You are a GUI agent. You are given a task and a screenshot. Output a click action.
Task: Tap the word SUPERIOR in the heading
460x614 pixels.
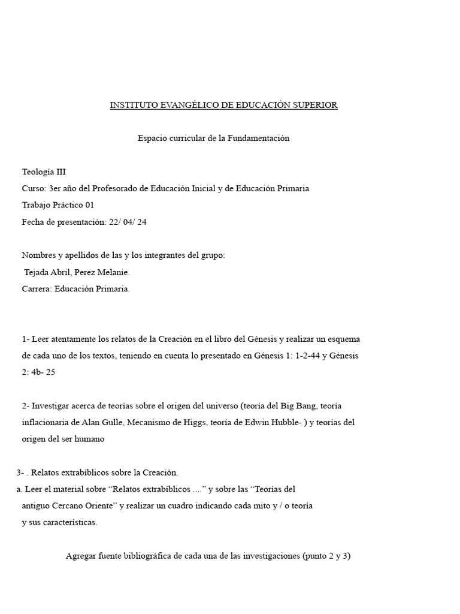pyautogui.click(x=315, y=106)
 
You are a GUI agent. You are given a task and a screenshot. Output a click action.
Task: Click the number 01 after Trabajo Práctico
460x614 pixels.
pyautogui.click(x=90, y=205)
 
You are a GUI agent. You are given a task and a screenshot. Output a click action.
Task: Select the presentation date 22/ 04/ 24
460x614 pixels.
pyautogui.click(x=128, y=222)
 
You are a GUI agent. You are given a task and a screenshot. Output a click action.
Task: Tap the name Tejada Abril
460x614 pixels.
pyautogui.click(x=49, y=272)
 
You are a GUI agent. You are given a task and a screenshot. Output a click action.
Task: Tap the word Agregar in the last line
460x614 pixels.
pyautogui.click(x=82, y=556)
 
